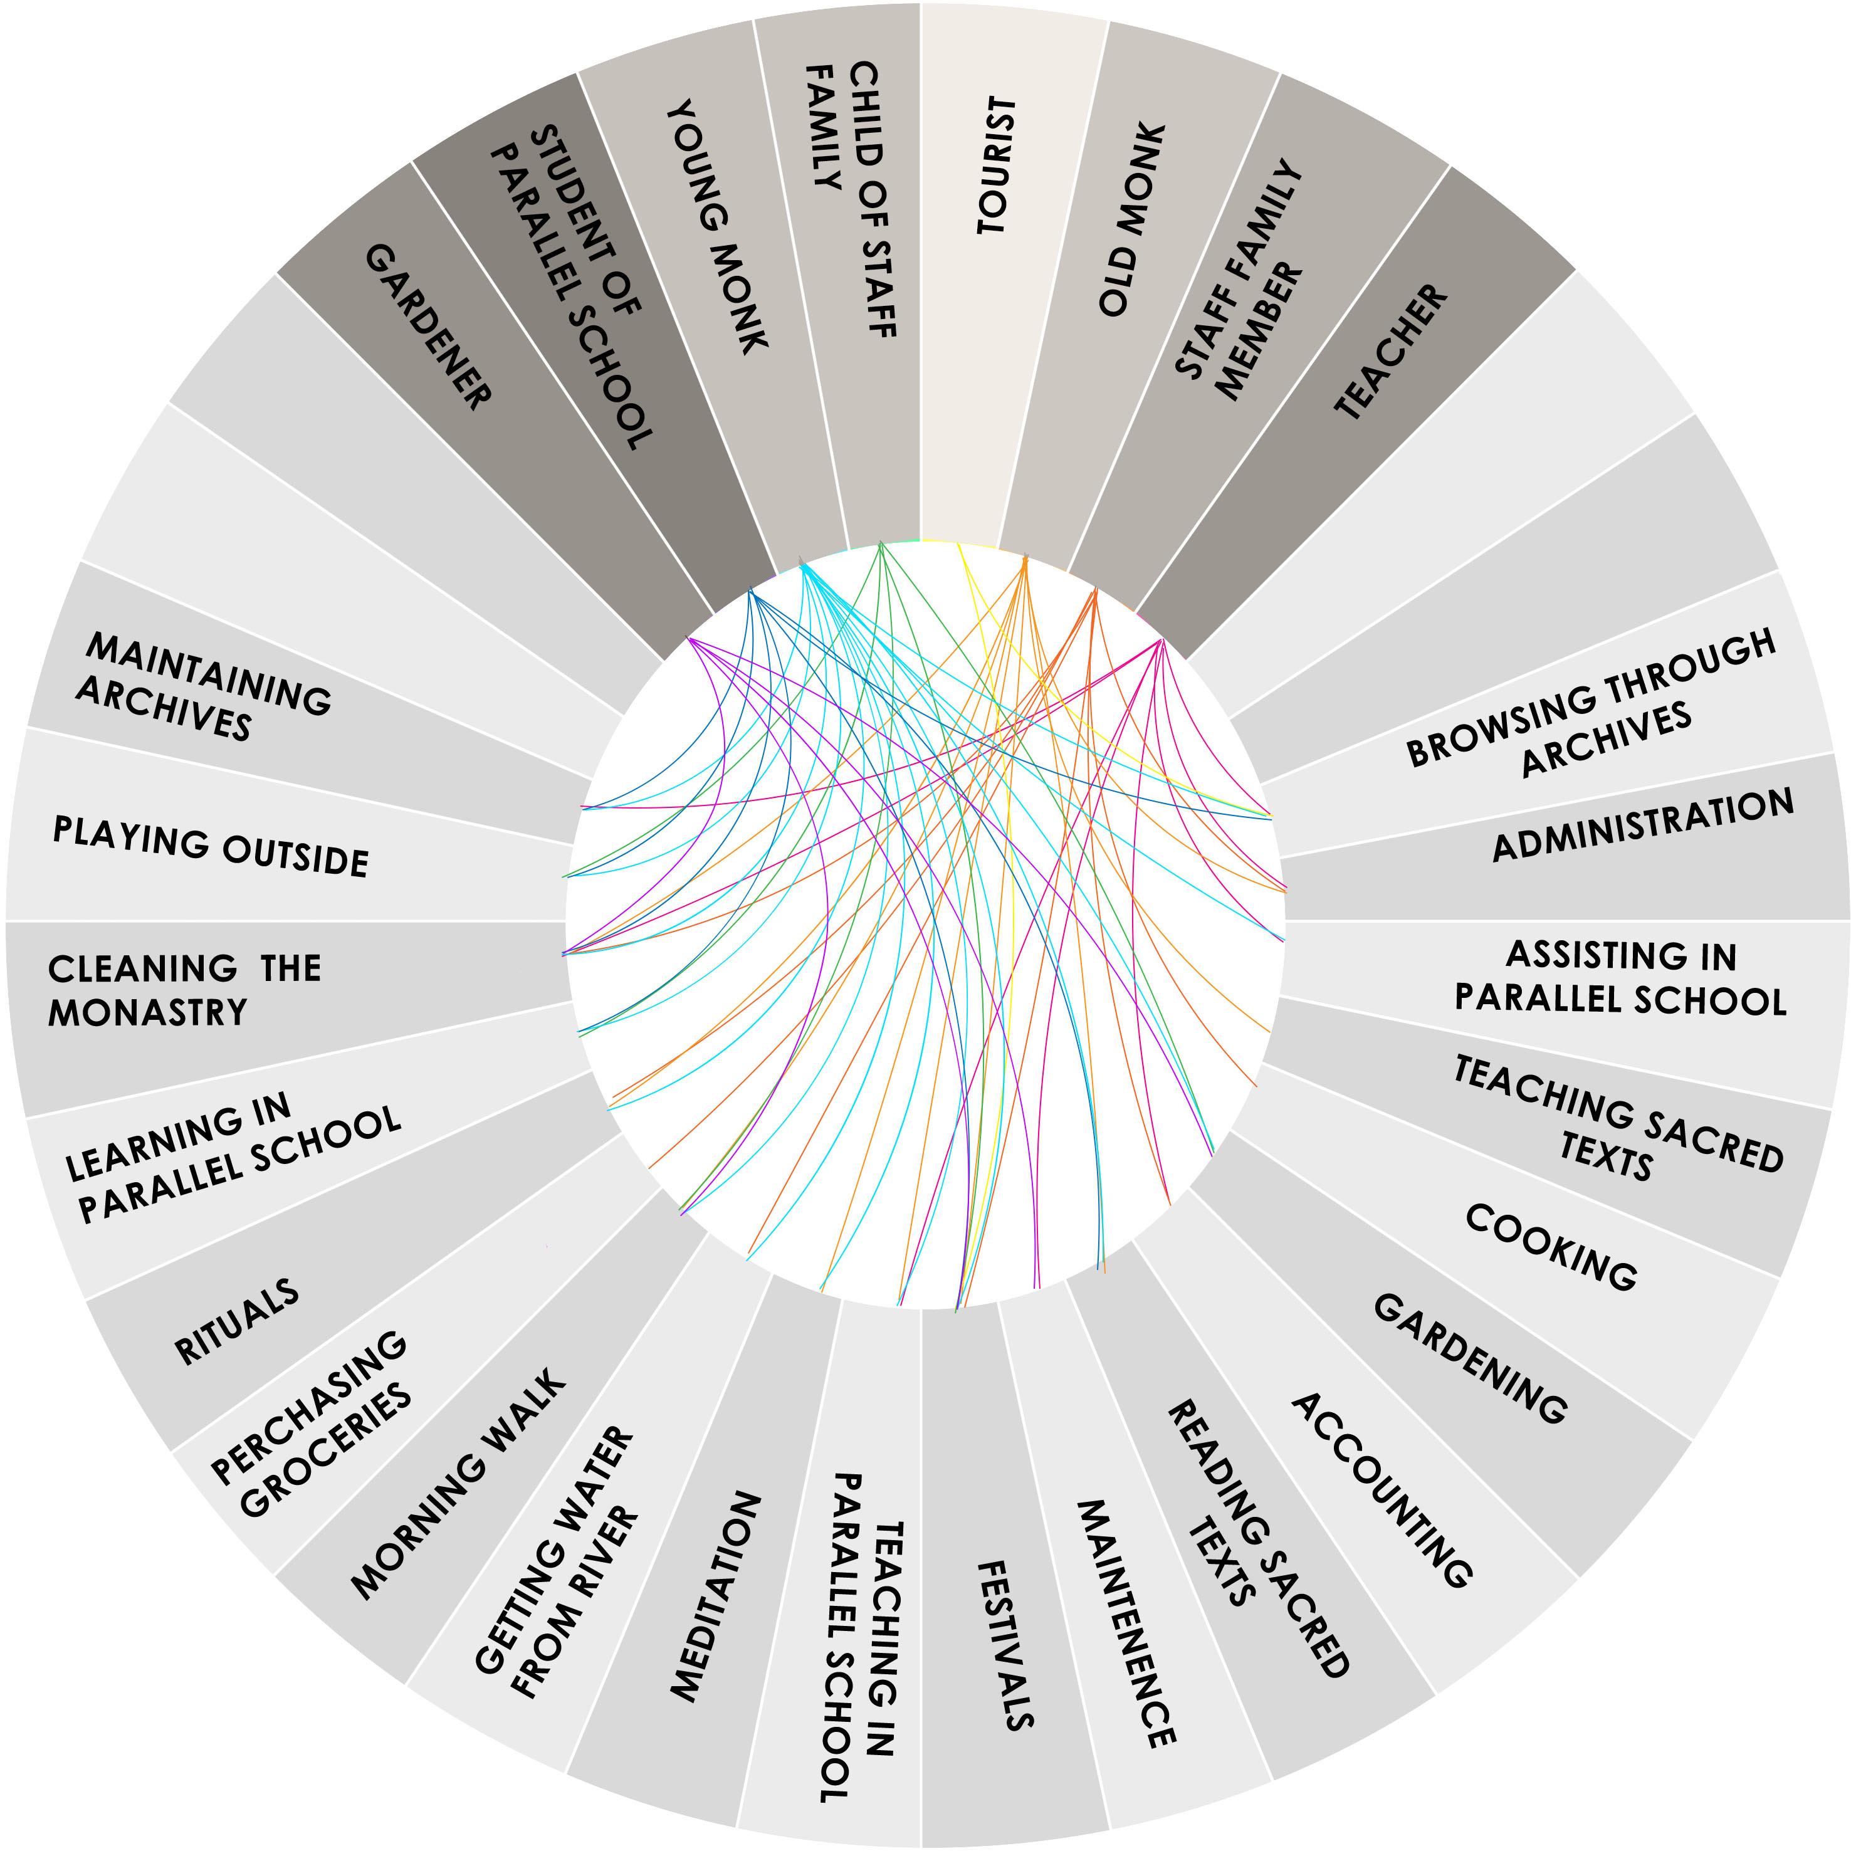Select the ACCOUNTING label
coord(1380,1490)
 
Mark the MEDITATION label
coord(716,1596)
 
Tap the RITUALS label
coord(237,1322)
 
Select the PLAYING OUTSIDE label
coord(211,847)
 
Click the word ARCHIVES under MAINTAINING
coord(163,710)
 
